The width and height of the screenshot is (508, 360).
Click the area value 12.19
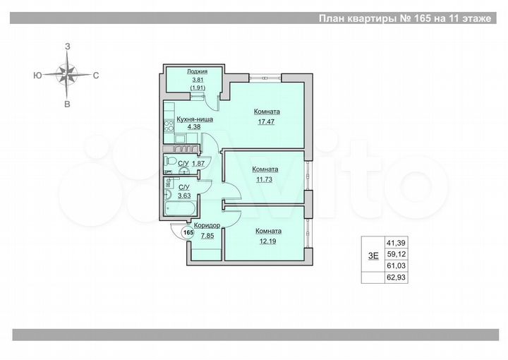tap(268, 241)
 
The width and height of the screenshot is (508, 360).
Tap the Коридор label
tap(207, 225)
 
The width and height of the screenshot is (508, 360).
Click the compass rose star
tap(68, 74)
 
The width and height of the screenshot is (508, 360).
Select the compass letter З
tap(68, 46)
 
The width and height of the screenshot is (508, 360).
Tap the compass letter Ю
tap(36, 74)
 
